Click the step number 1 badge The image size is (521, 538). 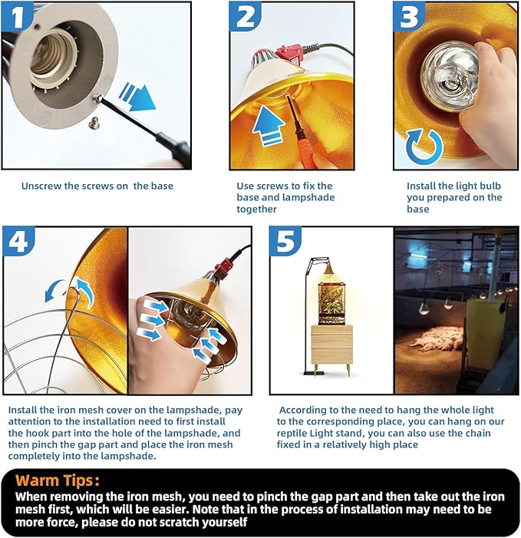point(17,16)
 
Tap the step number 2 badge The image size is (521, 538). point(246,16)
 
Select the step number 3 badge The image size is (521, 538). point(409,16)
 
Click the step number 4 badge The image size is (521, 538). point(18,241)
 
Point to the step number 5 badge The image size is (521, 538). point(285,241)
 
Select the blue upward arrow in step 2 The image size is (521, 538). point(268,125)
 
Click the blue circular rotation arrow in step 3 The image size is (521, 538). point(424,147)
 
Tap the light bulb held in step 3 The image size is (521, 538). point(450,74)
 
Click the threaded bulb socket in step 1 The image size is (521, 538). point(51,58)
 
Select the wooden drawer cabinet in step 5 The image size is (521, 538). point(331,347)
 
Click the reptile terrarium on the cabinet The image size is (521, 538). point(331,304)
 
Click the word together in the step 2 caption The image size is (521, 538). point(256,210)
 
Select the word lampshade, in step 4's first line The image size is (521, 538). point(194,411)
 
